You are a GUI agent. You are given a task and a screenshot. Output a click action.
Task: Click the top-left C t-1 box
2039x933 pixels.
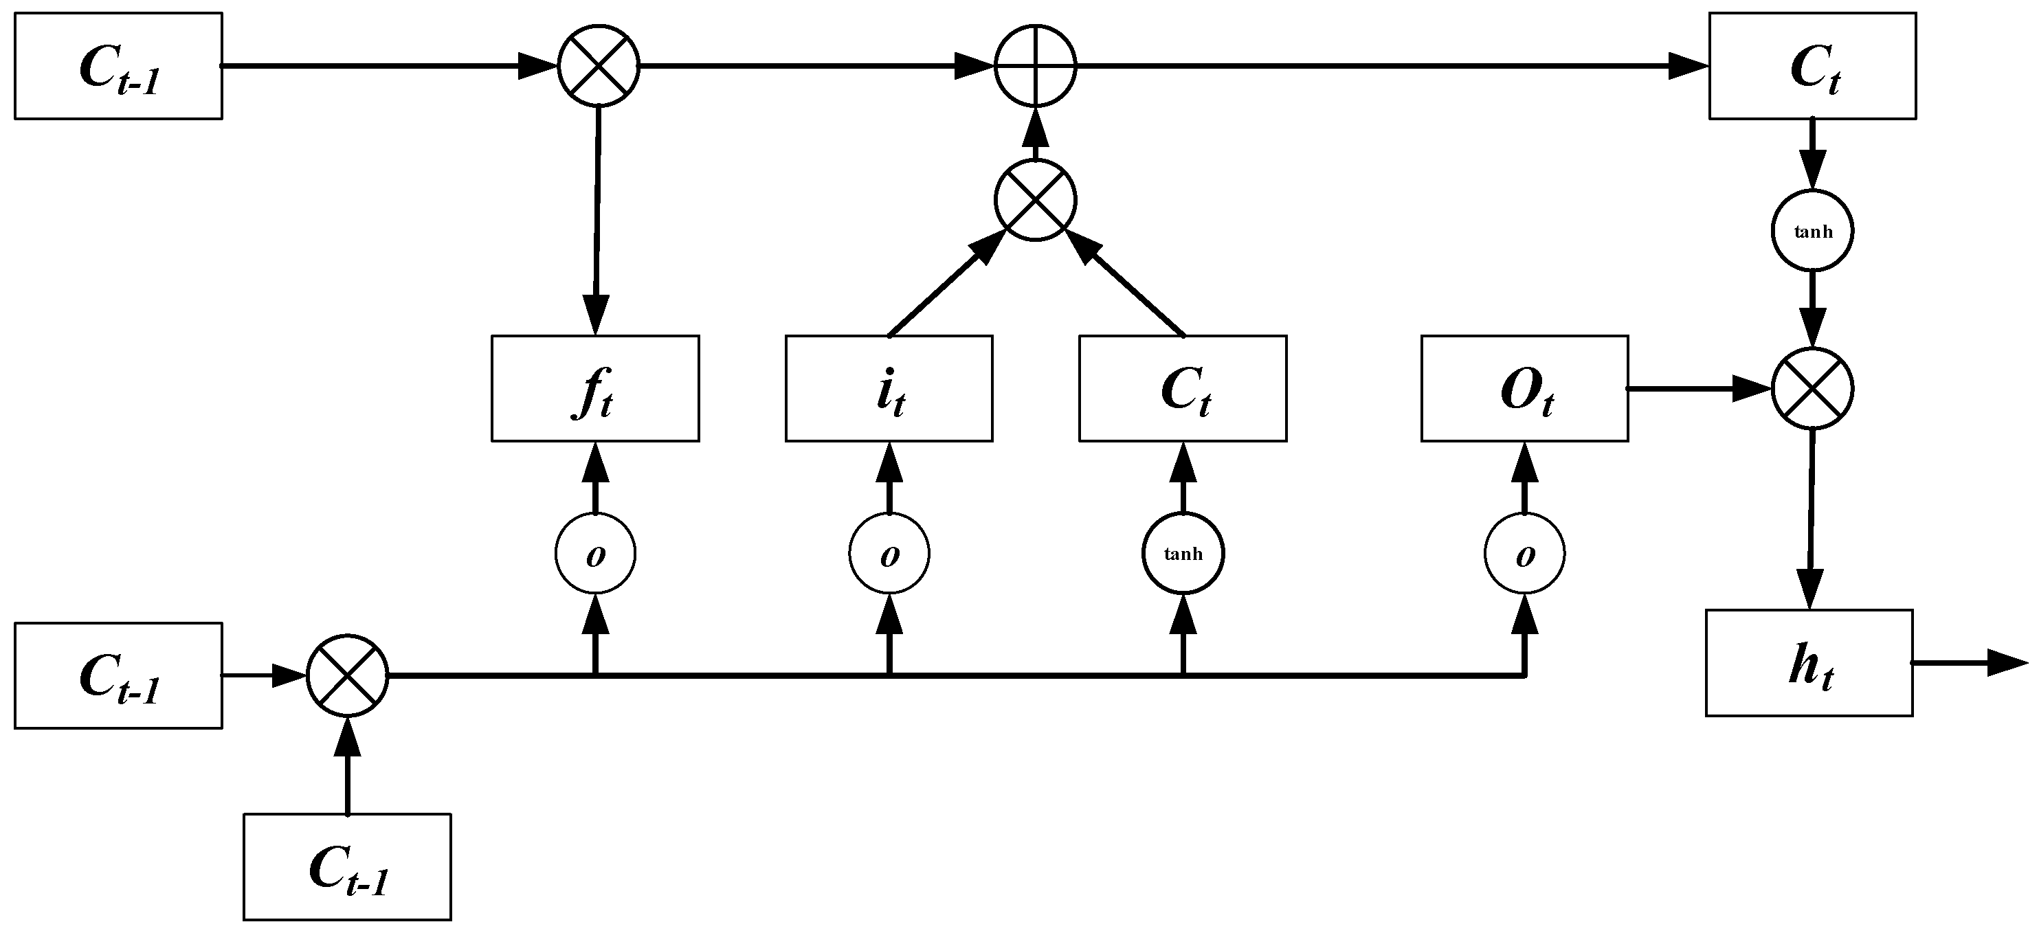(x=118, y=66)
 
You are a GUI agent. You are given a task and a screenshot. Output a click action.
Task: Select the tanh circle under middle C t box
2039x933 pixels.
(x=1183, y=553)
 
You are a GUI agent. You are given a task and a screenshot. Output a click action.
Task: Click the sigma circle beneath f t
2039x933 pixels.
(x=594, y=553)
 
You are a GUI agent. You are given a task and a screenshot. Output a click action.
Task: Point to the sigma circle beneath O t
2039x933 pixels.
(x=1524, y=553)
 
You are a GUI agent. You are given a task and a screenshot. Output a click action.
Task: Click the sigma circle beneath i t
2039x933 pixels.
(x=888, y=553)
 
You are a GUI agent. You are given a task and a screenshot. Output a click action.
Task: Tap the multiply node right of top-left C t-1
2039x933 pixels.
(x=599, y=66)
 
